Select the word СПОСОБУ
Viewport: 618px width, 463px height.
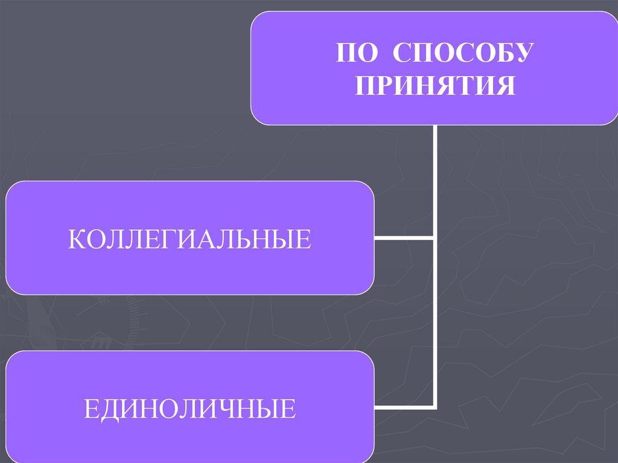[x=462, y=54]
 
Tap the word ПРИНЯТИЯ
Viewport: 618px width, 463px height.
[x=435, y=85]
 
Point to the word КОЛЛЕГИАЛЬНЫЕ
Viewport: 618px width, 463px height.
[x=190, y=239]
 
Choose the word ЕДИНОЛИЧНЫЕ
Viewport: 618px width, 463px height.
[x=190, y=409]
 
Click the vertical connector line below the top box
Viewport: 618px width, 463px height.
[x=434, y=181]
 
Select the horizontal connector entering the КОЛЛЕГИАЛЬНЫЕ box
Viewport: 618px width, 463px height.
[x=403, y=238]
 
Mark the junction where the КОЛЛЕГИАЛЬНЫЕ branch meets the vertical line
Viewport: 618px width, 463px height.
[x=434, y=238]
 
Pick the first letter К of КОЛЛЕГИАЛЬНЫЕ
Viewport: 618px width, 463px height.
[x=75, y=239]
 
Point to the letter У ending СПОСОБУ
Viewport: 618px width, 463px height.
[x=520, y=54]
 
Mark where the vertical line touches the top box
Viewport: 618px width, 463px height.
[x=434, y=126]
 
